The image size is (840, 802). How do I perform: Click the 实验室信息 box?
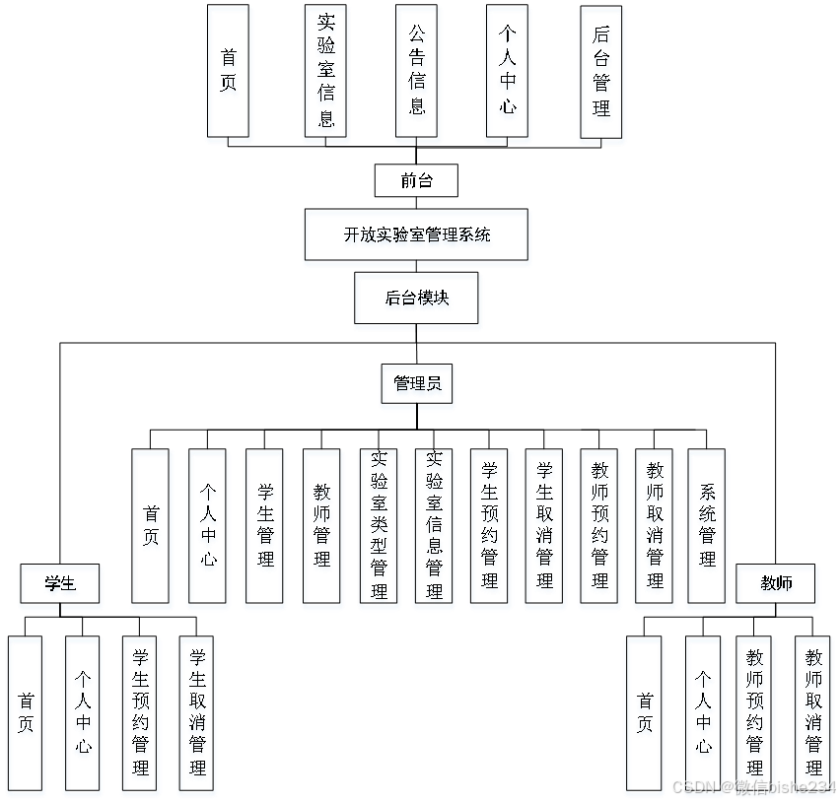326,74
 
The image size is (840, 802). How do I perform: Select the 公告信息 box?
418,74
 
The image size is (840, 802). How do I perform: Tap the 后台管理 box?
602,74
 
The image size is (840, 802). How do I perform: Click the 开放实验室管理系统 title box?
417,237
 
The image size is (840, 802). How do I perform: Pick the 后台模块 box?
418,301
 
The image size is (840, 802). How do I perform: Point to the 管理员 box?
418,386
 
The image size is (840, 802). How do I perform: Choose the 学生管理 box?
265,529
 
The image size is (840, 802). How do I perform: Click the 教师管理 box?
322,529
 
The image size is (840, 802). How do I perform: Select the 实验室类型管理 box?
379,529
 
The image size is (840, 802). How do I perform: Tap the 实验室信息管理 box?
434,529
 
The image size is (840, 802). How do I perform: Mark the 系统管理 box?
707,529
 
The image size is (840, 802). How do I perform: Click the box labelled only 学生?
61,586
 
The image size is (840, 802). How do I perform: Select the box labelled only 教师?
777,586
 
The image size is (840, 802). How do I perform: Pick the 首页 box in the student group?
27,716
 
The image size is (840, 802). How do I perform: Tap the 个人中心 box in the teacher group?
703,716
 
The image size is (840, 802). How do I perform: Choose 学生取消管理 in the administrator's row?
545,529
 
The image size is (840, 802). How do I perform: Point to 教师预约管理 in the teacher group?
756,716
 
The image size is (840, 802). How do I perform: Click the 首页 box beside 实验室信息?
229,74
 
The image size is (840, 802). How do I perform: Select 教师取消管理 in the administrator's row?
655,529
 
